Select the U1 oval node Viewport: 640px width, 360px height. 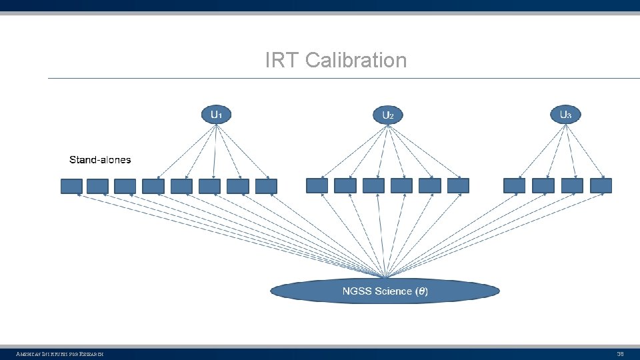[216, 115]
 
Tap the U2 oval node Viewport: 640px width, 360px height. [387, 115]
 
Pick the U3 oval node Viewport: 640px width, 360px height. [565, 115]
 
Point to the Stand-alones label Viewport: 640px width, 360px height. [100, 160]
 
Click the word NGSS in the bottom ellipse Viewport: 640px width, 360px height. [357, 291]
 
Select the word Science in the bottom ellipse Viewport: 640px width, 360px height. [393, 291]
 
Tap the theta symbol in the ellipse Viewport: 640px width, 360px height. [421, 291]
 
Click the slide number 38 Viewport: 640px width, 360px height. [619, 353]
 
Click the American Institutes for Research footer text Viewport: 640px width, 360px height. [59, 353]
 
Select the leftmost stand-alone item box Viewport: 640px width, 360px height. [71, 186]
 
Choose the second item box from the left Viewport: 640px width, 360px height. [97, 186]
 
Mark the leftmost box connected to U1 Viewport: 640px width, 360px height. [153, 186]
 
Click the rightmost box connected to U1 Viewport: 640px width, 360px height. [266, 186]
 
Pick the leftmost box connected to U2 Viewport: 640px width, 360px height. [317, 185]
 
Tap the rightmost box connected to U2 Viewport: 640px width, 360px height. [458, 185]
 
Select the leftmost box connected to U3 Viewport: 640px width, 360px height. [514, 185]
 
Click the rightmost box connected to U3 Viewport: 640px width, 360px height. [601, 185]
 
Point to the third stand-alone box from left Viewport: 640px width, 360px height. [125, 186]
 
